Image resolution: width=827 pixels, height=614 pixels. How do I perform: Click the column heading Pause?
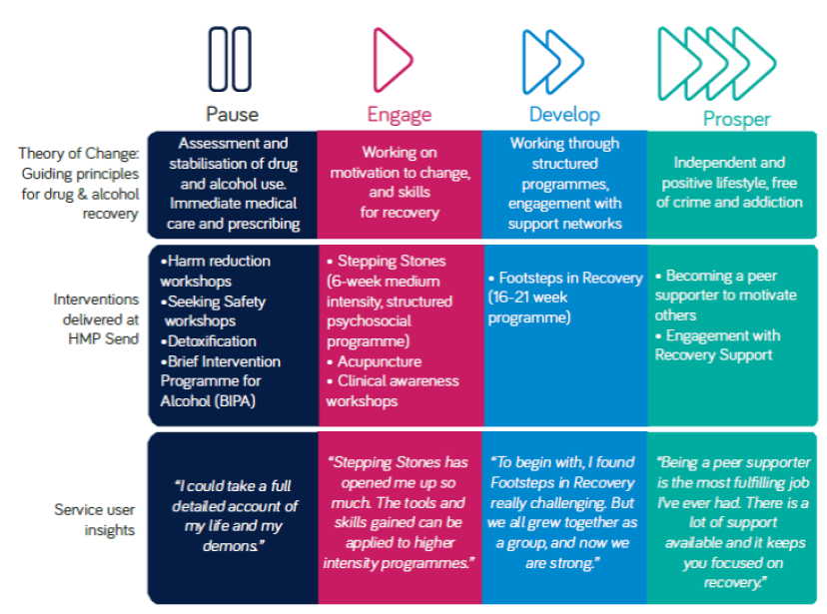pyautogui.click(x=232, y=115)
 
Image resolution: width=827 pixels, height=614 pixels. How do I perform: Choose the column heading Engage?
pyautogui.click(x=400, y=115)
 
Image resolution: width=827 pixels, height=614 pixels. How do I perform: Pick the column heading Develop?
pyautogui.click(x=564, y=115)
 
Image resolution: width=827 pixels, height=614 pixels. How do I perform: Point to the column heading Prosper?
pyautogui.click(x=737, y=119)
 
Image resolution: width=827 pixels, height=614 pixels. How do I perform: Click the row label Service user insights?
pyautogui.click(x=95, y=520)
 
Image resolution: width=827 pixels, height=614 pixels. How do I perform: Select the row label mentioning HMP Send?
pyautogui.click(x=97, y=318)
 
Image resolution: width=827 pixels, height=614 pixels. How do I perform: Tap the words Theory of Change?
pyautogui.click(x=79, y=154)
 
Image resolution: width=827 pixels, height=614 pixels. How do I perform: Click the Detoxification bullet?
pyautogui.click(x=209, y=341)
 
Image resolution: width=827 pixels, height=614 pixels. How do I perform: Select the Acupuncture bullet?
pyautogui.click(x=374, y=361)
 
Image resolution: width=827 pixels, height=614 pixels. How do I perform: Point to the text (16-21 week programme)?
pyautogui.click(x=529, y=307)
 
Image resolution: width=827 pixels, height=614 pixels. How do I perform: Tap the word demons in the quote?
pyautogui.click(x=231, y=546)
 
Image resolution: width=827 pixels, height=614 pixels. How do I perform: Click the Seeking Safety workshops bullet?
pyautogui.click(x=213, y=310)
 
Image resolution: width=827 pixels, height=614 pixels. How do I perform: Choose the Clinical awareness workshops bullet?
pyautogui.click(x=393, y=391)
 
